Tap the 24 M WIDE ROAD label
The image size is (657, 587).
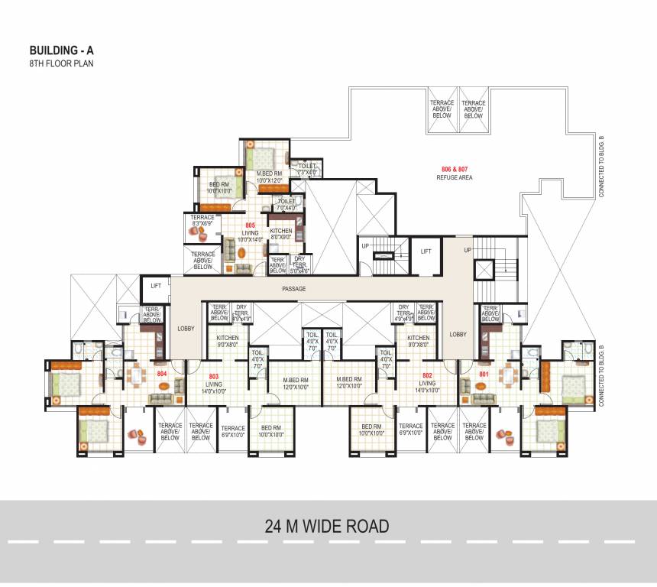(x=327, y=526)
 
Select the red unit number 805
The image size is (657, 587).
(x=251, y=225)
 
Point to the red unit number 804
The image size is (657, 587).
(x=162, y=374)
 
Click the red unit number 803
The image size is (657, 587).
(x=214, y=376)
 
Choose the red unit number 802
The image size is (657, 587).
(x=427, y=376)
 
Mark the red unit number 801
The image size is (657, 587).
(x=484, y=375)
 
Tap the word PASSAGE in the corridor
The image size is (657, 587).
(x=293, y=289)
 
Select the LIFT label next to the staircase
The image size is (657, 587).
(x=426, y=251)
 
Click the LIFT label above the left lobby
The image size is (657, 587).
(x=156, y=285)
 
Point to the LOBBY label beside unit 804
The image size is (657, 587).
(x=186, y=329)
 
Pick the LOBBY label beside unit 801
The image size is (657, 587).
(x=458, y=334)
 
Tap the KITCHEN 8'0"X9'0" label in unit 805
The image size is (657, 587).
(x=281, y=234)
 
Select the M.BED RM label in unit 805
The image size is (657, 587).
(x=270, y=177)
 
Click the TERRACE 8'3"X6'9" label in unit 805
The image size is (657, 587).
(x=203, y=221)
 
